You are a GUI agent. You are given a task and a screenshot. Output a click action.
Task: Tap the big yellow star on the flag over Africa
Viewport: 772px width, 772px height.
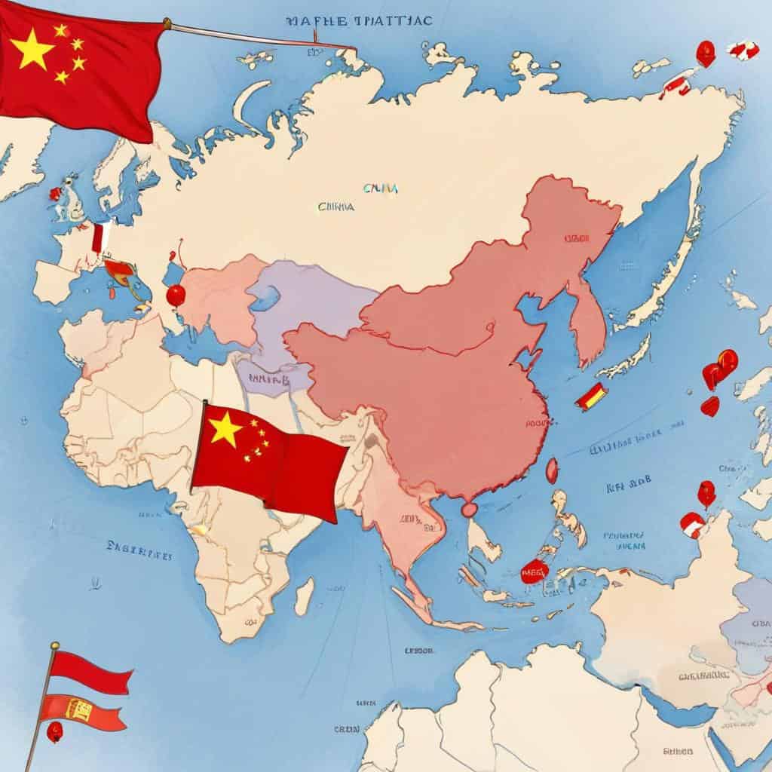[225, 429]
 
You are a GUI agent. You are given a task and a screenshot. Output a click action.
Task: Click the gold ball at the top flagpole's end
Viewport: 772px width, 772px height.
[167, 24]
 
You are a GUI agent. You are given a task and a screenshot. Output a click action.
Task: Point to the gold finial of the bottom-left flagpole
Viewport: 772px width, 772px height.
[54, 647]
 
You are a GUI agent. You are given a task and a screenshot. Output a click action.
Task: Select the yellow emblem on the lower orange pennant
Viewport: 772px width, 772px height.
[79, 708]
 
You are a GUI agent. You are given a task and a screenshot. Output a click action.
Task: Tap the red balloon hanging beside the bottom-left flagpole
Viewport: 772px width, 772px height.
[54, 731]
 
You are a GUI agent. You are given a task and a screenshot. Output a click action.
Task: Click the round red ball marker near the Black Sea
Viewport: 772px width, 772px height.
[176, 295]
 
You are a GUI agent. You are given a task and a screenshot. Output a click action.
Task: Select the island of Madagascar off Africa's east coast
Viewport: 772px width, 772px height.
[304, 595]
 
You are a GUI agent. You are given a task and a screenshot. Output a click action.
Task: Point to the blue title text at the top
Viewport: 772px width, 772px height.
[359, 21]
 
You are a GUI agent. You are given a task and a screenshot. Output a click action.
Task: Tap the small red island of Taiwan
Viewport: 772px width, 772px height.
[552, 470]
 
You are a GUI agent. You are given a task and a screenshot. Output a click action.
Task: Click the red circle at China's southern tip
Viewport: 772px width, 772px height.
[469, 510]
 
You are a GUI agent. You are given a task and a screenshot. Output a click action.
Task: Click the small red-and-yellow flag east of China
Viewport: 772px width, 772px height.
[590, 396]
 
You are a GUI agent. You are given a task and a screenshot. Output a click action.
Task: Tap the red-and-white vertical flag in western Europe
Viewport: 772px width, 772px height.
[97, 236]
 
